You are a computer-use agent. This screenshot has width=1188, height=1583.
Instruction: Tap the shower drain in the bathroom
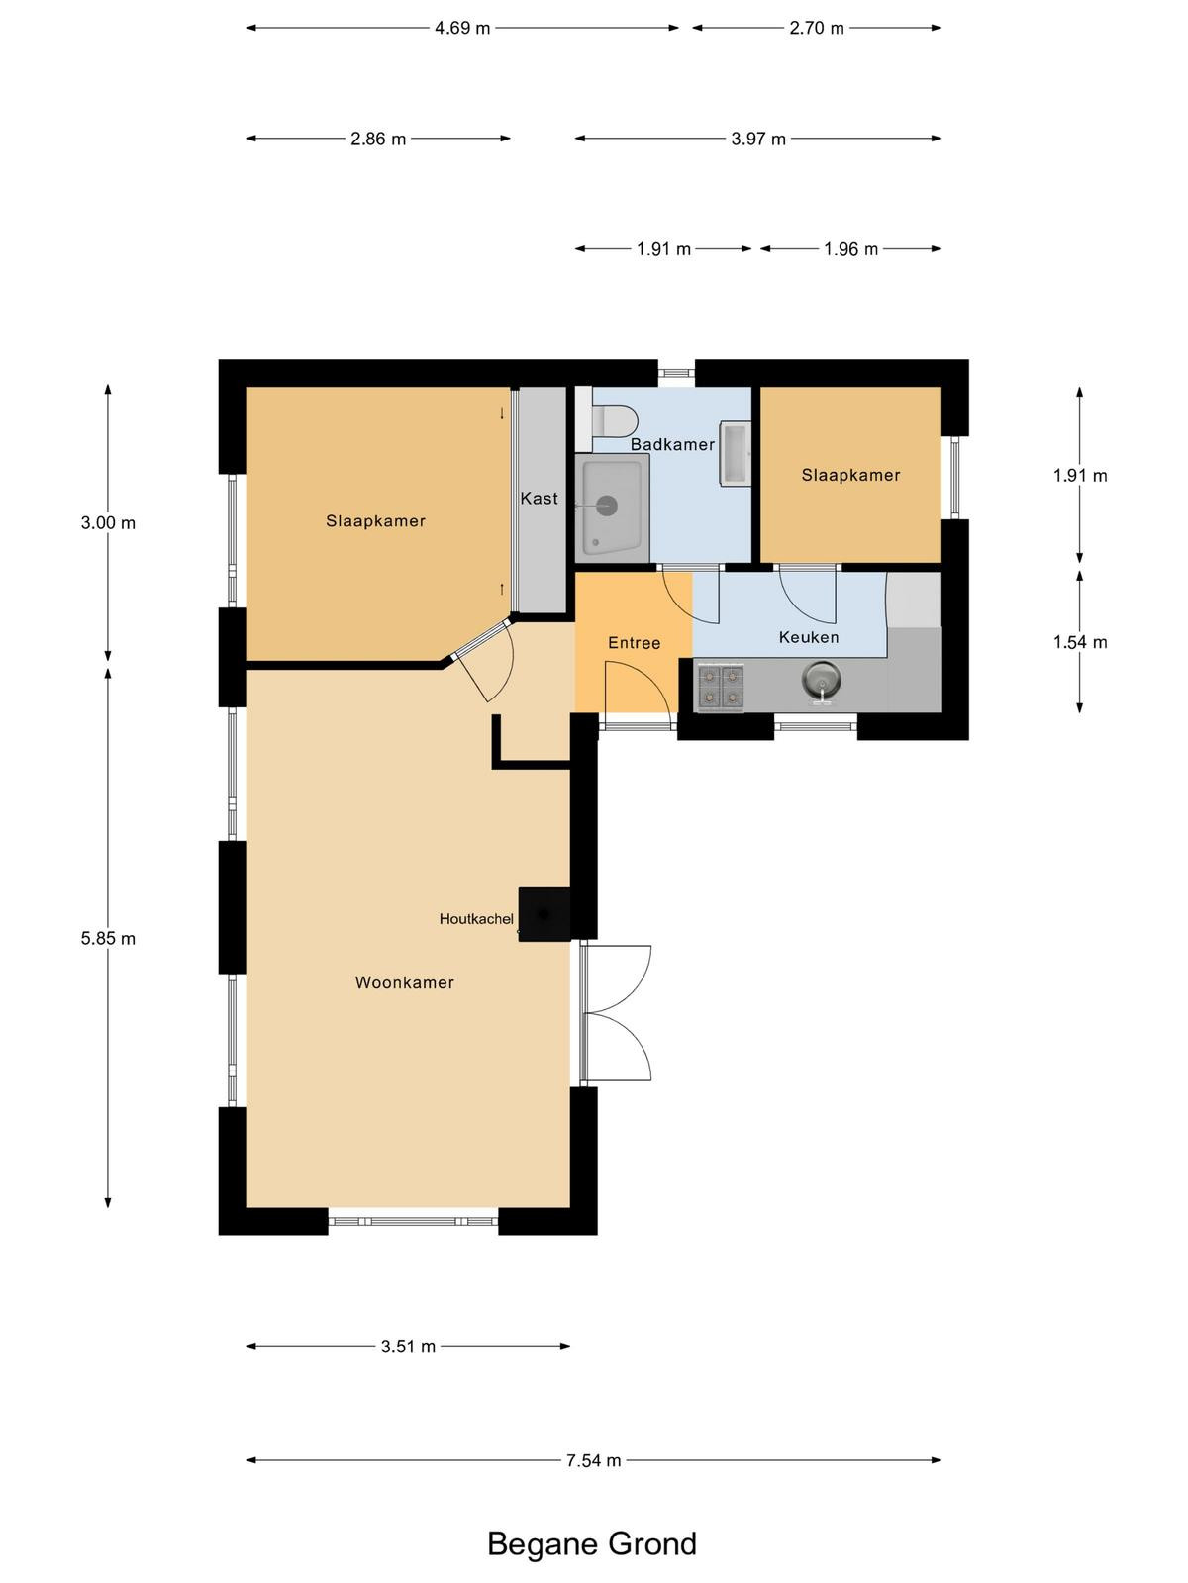(607, 506)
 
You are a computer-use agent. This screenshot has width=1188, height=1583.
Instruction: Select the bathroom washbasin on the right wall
(735, 453)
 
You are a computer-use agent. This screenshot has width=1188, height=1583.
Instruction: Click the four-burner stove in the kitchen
(721, 686)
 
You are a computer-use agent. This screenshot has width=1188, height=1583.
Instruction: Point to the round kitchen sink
(821, 680)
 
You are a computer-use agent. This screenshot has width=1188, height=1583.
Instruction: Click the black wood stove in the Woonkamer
(544, 914)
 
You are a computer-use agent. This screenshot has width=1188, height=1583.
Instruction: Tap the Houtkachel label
(476, 919)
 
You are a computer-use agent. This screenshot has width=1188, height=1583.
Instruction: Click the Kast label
(539, 499)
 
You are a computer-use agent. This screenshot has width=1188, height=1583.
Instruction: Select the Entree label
(634, 643)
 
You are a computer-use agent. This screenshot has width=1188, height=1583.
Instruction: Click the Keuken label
(809, 637)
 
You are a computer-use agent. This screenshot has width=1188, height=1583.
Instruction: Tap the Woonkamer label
(405, 983)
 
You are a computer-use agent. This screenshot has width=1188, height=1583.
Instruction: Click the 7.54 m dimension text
(593, 1460)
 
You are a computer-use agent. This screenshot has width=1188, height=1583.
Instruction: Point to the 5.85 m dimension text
(108, 938)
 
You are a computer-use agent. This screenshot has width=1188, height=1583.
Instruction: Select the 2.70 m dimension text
(817, 28)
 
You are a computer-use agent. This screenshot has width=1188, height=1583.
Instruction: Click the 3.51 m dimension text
(408, 1347)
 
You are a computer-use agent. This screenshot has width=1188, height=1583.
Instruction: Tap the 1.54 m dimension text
(1080, 642)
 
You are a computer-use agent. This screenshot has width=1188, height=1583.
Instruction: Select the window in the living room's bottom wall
(413, 1222)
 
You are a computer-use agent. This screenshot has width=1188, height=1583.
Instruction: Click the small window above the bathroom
(676, 374)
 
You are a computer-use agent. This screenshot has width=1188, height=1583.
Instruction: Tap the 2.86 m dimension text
(378, 139)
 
